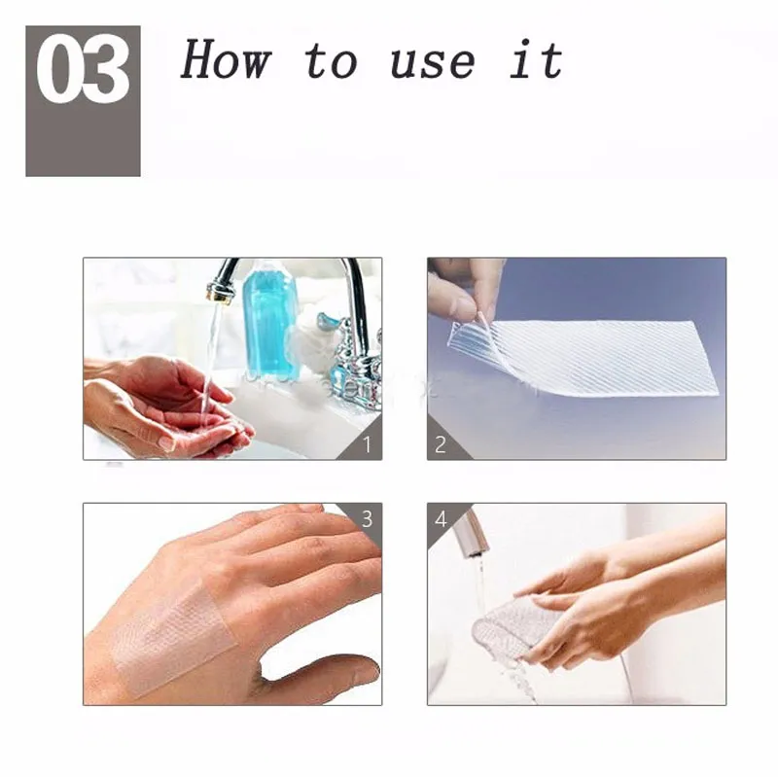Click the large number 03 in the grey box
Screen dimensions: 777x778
coord(83,74)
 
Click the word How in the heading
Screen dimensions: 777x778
coord(225,60)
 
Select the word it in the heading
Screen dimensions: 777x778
coord(536,60)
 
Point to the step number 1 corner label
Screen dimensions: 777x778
coord(367,444)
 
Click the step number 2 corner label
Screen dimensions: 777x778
coord(441,444)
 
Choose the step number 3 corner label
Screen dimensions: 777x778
coord(367,518)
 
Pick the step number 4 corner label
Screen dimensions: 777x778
coord(441,518)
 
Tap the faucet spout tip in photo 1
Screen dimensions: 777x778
coord(219,292)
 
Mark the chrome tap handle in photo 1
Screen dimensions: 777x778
coord(356,365)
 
